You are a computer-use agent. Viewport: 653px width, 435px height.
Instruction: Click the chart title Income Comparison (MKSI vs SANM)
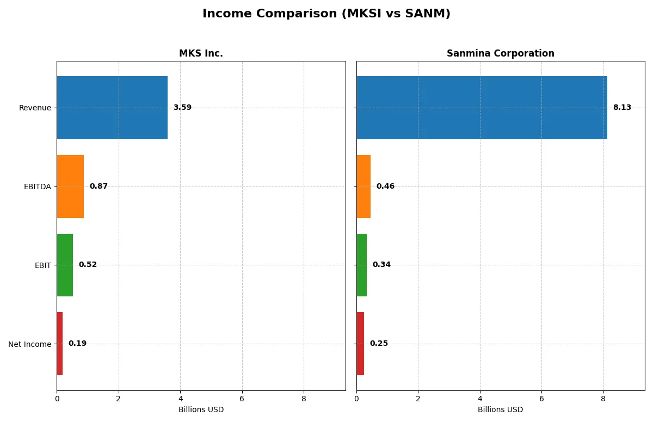pos(326,14)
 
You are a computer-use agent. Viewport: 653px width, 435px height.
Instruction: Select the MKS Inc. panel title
pos(201,53)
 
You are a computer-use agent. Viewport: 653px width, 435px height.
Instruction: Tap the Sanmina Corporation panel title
pos(500,53)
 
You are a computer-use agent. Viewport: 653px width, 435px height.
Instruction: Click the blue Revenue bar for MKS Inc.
pos(112,108)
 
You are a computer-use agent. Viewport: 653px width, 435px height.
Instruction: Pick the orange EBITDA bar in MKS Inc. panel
pos(70,187)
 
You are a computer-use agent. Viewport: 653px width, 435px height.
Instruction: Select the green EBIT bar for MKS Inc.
pos(65,265)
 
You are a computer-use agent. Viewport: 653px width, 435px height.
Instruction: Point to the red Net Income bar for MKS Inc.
pos(60,344)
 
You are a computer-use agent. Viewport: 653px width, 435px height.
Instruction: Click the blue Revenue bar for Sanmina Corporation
pos(482,108)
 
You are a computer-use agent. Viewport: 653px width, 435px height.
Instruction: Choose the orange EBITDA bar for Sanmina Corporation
pos(364,187)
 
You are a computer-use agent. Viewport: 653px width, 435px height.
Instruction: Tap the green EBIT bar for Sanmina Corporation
pos(362,265)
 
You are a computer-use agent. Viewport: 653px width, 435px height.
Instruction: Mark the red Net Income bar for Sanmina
pos(360,344)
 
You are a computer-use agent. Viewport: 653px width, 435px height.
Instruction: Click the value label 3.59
pos(182,108)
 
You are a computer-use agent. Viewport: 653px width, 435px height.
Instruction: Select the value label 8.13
pos(622,108)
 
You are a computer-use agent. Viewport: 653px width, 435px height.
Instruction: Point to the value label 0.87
pos(98,187)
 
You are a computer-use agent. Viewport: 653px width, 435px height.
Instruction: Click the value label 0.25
pos(379,344)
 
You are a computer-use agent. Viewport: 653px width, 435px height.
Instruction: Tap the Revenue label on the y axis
pos(35,108)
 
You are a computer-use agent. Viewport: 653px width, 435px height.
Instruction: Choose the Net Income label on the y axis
pos(30,344)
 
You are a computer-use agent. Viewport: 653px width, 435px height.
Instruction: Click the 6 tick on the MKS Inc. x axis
pos(242,399)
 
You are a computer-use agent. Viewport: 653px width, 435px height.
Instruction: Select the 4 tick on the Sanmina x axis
pos(480,399)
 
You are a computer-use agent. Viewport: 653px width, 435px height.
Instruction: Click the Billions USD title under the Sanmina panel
pos(500,409)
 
